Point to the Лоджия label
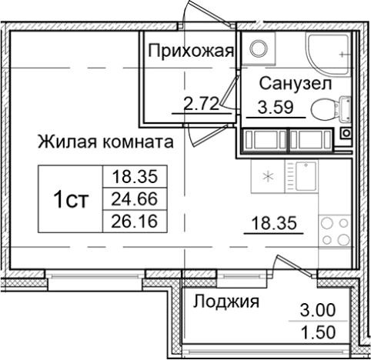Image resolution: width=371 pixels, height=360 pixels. pyautogui.click(x=226, y=300)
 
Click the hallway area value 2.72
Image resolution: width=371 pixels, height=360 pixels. pyautogui.click(x=199, y=103)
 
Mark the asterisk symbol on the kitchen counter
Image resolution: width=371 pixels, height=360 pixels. pyautogui.click(x=268, y=175)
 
